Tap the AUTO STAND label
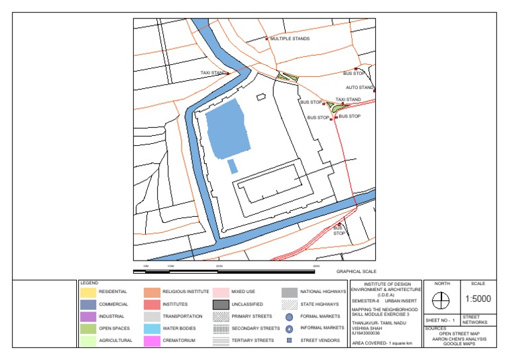(360, 88)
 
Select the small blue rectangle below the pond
(232, 166)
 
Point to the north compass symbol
(441, 300)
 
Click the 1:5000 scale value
(477, 299)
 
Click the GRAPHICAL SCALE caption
(356, 272)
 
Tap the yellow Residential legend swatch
(87, 292)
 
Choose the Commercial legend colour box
(87, 304)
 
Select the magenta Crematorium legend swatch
(152, 341)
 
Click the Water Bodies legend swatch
(152, 329)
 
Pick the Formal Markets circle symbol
(289, 317)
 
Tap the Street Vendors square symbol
(289, 341)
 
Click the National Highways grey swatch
(289, 292)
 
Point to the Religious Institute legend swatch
(152, 292)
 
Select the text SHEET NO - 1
(440, 321)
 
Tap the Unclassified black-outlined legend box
(221, 304)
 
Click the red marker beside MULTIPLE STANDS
(266, 39)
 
